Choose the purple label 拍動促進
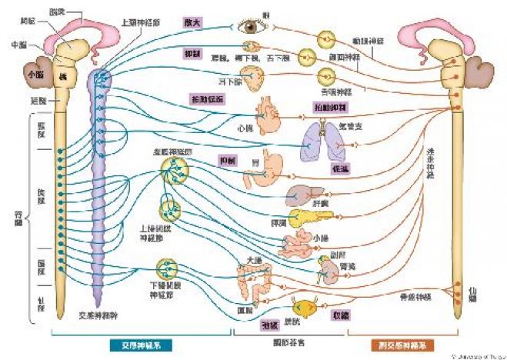pyautogui.click(x=208, y=99)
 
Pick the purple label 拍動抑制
pyautogui.click(x=332, y=106)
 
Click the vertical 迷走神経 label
pyautogui.click(x=430, y=162)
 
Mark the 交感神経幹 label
pyautogui.click(x=97, y=315)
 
